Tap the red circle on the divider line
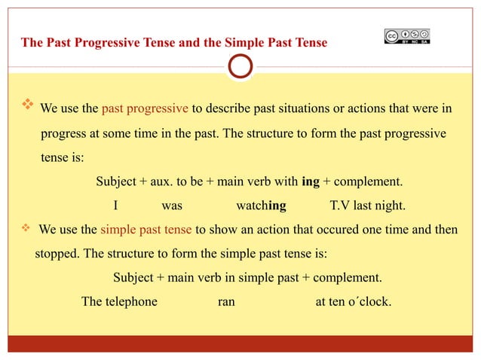240,67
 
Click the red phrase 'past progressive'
146,108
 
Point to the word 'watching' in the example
261,206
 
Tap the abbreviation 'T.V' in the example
342,206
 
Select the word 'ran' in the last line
225,301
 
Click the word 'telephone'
131,301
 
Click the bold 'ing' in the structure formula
311,182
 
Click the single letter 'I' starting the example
115,206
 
